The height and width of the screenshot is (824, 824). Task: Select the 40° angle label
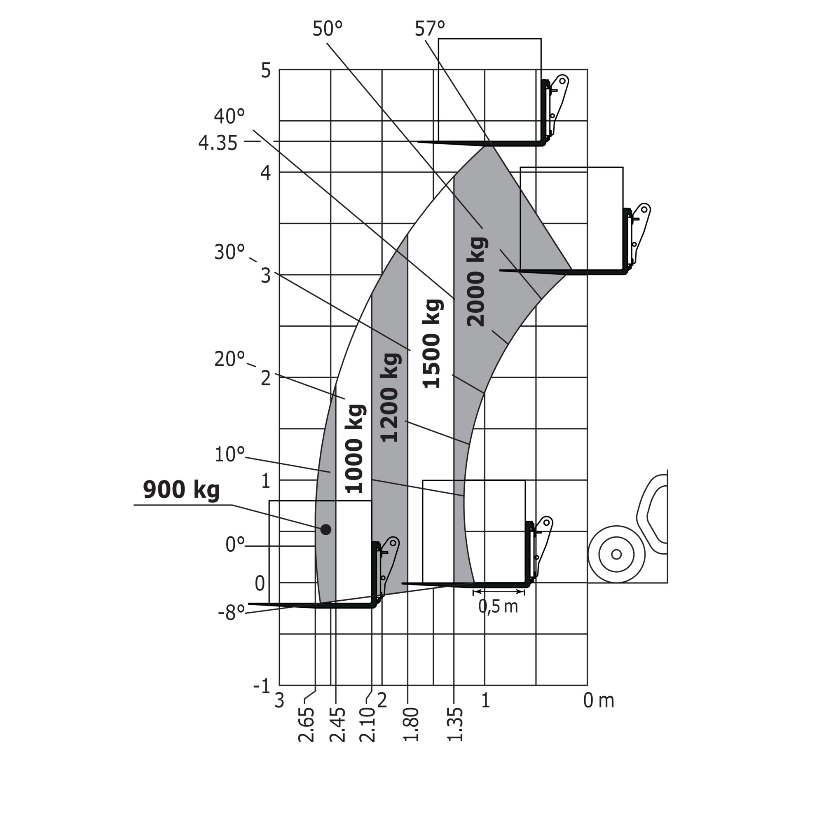(229, 116)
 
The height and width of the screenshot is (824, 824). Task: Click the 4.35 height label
(218, 143)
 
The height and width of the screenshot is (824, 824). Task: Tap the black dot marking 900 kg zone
(326, 530)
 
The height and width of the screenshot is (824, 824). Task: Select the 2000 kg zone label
(476, 282)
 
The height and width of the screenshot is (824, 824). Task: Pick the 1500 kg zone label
(432, 344)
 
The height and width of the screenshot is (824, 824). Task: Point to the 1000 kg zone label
(354, 448)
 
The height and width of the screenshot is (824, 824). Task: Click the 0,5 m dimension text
(498, 606)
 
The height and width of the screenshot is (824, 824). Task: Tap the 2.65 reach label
(306, 725)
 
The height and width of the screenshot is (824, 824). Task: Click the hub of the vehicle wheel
(616, 555)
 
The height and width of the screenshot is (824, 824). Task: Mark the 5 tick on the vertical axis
(266, 70)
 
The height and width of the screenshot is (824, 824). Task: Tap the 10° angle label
(229, 455)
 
